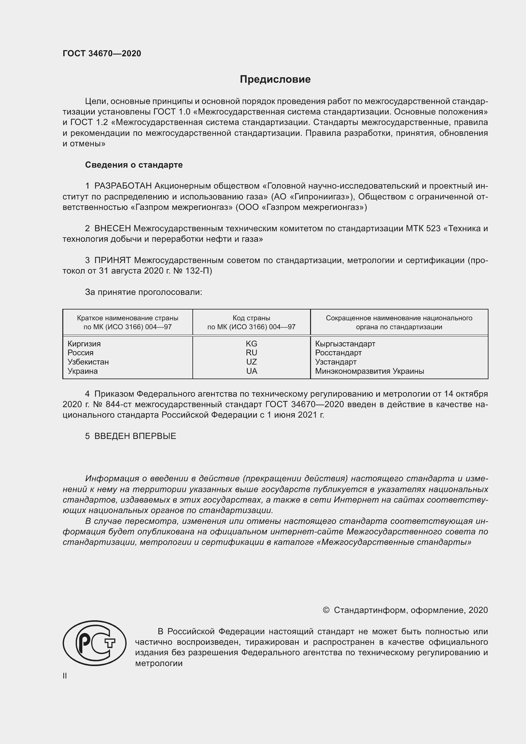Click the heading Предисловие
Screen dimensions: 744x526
pyautogui.click(x=275, y=80)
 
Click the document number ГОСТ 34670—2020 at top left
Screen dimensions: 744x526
pyautogui.click(x=102, y=53)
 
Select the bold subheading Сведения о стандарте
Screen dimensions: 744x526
pyautogui.click(x=134, y=165)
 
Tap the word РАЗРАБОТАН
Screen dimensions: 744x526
pyautogui.click(x=123, y=186)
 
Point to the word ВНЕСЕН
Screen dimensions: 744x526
pyautogui.click(x=112, y=228)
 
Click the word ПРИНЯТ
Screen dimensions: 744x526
pyautogui.click(x=112, y=260)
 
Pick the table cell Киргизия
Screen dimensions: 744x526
pyautogui.click(x=84, y=344)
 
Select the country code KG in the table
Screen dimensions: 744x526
pyautogui.click(x=251, y=344)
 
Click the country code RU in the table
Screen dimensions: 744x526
pyautogui.click(x=251, y=352)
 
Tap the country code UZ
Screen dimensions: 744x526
pyautogui.click(x=251, y=362)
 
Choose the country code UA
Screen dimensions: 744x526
pyautogui.click(x=251, y=371)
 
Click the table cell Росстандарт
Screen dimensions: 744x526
pyautogui.click(x=338, y=352)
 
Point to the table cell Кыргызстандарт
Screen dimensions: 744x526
pyautogui.click(x=345, y=344)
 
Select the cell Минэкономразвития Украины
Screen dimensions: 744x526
pyautogui.click(x=369, y=371)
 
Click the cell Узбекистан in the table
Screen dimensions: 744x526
pyautogui.click(x=88, y=362)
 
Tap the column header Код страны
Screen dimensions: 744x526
pyautogui.click(x=251, y=318)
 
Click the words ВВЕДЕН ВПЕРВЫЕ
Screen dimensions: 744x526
pyautogui.click(x=135, y=436)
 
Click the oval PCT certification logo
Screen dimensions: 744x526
pyautogui.click(x=94, y=643)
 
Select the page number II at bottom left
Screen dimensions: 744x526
pyautogui.click(x=65, y=676)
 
